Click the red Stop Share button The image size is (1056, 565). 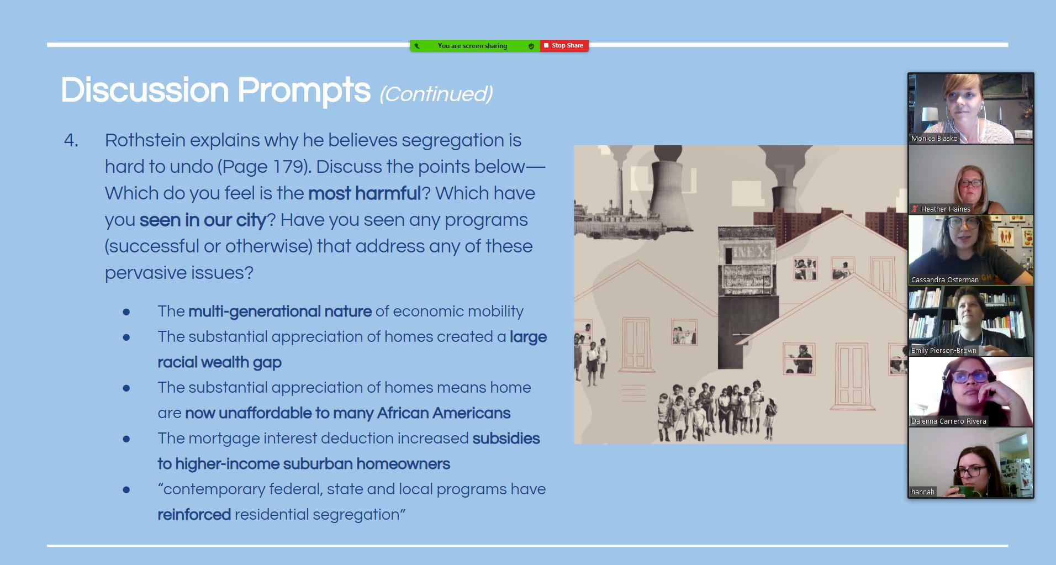tap(564, 45)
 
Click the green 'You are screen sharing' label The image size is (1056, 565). tap(472, 46)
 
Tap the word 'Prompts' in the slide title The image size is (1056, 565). tap(304, 90)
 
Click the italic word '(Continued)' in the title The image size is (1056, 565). tap(436, 94)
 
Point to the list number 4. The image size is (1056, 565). tap(71, 140)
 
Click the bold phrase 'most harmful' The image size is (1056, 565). tap(365, 193)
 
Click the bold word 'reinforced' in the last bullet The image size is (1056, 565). tap(194, 515)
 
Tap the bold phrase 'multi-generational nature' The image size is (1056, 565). tap(280, 311)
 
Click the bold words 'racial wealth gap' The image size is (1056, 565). tap(219, 362)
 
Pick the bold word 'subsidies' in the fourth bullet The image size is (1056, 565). tap(506, 439)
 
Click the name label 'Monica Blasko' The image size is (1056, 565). tap(934, 139)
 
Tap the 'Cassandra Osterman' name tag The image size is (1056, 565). tap(945, 280)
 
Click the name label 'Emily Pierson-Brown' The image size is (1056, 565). tap(944, 351)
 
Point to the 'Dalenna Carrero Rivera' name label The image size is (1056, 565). tap(949, 421)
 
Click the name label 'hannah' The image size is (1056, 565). tap(923, 492)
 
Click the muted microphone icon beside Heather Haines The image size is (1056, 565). tap(915, 209)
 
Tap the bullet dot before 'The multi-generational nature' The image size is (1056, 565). tap(126, 312)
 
